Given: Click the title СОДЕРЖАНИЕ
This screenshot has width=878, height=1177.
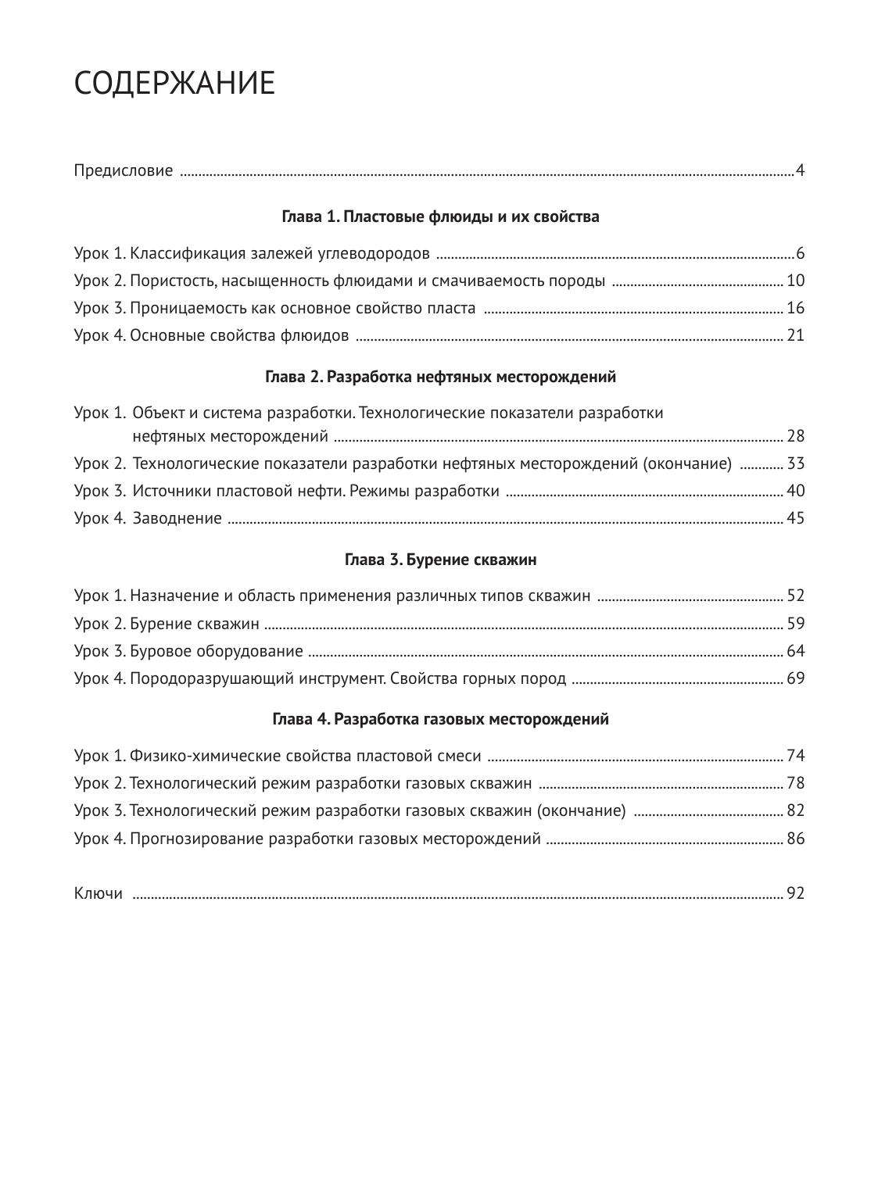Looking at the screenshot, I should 174,84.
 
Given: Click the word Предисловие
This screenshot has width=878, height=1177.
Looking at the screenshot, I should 124,170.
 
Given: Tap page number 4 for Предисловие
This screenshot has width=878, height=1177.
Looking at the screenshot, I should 800,170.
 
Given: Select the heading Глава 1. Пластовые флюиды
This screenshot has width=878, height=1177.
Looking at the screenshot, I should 440,216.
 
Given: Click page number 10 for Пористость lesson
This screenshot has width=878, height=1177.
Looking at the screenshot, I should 795,281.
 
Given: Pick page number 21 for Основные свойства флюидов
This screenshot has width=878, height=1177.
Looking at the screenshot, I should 795,335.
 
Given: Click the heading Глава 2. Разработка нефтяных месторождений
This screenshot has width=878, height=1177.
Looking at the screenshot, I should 440,377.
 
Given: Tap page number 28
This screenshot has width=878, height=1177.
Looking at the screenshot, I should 795,436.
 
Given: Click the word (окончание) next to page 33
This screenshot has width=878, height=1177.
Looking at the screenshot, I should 687,463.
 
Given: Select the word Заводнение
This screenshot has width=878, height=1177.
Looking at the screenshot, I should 177,518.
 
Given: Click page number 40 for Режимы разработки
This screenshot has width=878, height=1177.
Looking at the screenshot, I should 795,491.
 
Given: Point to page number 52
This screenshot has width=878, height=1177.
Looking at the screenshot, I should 795,596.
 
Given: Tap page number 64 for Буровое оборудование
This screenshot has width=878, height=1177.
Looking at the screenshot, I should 795,651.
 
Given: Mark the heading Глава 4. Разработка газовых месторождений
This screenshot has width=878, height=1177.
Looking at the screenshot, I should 440,719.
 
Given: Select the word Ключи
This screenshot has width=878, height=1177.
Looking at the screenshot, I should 99,893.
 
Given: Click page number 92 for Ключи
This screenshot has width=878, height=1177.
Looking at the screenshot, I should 795,893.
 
